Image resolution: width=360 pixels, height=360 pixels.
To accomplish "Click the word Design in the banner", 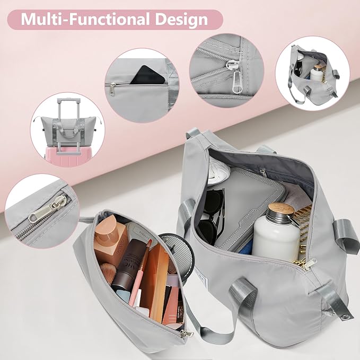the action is click(x=182, y=19).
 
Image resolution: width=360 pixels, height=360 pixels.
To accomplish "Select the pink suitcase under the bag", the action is click(x=67, y=156).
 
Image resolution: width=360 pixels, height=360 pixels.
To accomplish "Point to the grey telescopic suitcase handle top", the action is click(x=68, y=101).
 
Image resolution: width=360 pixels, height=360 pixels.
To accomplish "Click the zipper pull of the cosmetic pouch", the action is click(x=187, y=333).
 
